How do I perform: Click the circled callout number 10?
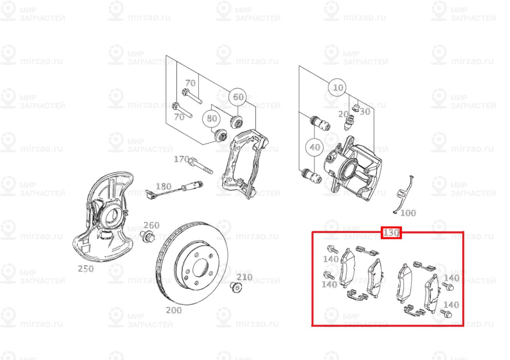[x=337, y=87]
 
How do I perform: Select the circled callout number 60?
[x=238, y=97]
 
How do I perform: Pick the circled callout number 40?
[x=315, y=147]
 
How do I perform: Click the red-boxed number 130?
[x=391, y=233]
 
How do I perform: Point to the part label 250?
[x=86, y=268]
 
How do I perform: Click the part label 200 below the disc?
[x=174, y=310]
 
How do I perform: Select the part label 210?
[x=244, y=277]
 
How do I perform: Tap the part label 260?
[x=151, y=225]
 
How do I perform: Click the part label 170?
[x=181, y=160]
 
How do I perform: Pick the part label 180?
[x=163, y=186]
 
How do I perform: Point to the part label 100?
[x=408, y=213]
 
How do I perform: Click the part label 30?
[x=365, y=112]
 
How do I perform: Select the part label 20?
[x=343, y=114]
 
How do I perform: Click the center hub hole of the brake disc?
[x=200, y=268]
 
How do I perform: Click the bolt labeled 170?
[x=201, y=166]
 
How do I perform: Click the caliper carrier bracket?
[x=243, y=163]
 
